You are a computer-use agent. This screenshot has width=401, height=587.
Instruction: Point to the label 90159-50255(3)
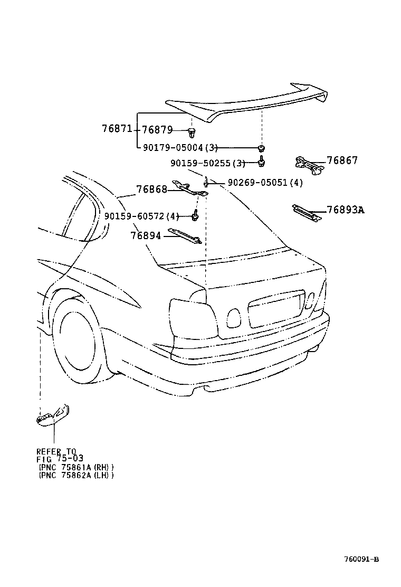(208, 163)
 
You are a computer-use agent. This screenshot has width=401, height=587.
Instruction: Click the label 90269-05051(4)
(265, 183)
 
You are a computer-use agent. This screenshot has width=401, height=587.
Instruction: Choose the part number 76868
(151, 189)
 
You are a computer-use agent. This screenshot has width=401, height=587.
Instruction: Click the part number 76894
(146, 235)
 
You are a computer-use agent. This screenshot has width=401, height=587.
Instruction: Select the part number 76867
(342, 160)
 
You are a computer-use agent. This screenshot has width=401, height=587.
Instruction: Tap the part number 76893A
(345, 210)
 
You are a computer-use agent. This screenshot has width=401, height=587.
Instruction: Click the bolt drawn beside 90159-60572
(195, 215)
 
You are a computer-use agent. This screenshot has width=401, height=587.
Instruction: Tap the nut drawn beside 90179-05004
(261, 148)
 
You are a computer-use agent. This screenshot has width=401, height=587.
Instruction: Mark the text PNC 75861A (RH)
(76, 467)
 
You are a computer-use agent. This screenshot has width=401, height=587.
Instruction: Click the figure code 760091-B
(361, 559)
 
